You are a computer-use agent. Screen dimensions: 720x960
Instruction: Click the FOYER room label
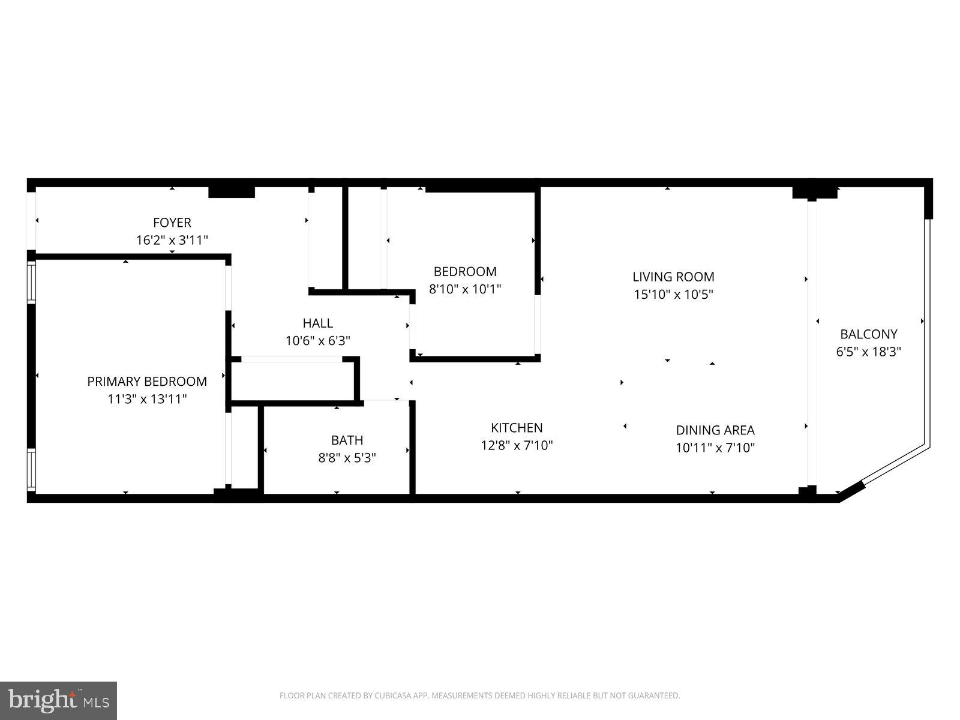point(172,223)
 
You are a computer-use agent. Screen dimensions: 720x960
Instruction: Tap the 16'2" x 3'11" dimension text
point(172,241)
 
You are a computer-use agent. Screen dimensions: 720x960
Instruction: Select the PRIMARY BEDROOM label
point(147,382)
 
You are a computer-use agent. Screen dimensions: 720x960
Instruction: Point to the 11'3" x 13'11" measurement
point(147,399)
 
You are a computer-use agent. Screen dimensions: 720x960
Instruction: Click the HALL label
point(317,323)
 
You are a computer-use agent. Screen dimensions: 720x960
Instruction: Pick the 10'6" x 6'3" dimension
point(317,341)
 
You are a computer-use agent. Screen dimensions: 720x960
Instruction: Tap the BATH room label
point(347,440)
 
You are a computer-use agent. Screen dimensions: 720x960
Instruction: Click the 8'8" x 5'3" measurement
point(347,458)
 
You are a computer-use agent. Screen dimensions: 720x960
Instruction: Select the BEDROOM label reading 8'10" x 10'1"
point(465,272)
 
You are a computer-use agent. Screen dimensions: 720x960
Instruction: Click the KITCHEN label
point(517,428)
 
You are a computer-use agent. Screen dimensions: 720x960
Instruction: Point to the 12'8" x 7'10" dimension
point(517,445)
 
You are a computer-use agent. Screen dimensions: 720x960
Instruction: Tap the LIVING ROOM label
point(673,277)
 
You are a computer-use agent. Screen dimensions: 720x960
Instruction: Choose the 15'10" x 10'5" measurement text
point(673,295)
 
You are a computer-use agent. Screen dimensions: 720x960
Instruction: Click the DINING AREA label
point(715,430)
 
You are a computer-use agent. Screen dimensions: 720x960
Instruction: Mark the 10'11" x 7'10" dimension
point(715,448)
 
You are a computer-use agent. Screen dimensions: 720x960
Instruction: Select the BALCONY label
point(868,334)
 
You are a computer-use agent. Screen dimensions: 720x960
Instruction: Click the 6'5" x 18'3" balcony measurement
point(868,352)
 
